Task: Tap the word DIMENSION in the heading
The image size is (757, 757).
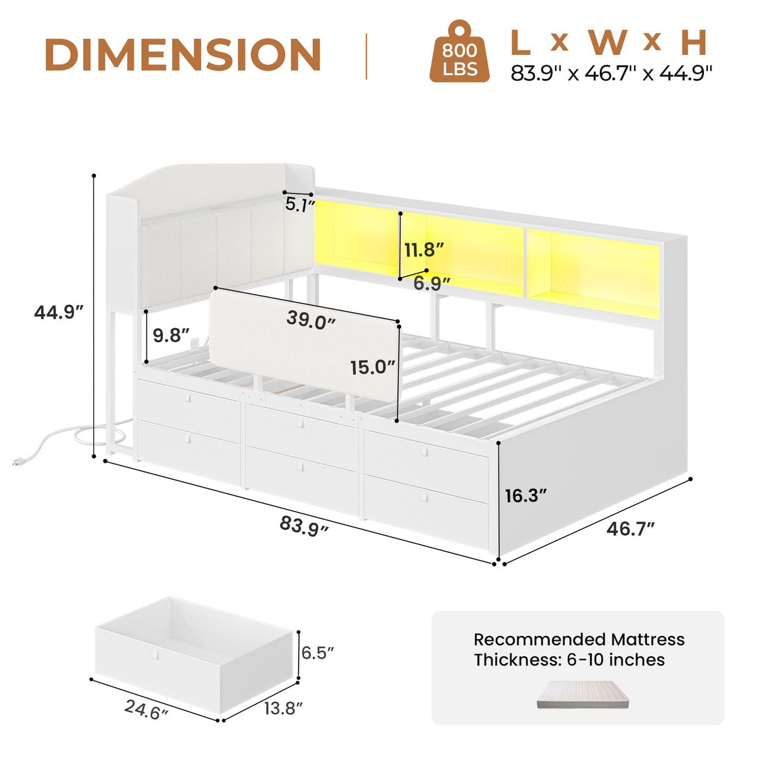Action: tap(183, 55)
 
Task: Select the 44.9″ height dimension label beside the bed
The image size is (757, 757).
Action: tap(59, 312)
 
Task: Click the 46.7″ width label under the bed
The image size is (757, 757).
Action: tap(630, 529)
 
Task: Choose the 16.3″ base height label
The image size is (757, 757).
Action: tap(526, 496)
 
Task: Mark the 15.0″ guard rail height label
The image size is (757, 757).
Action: tap(373, 367)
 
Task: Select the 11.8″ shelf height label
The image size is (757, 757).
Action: tap(425, 250)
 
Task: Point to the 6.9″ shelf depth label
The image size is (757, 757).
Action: tap(431, 284)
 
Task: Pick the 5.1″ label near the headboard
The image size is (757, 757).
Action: tap(300, 204)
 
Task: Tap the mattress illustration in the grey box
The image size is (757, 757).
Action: tap(583, 694)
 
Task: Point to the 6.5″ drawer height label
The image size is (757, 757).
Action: tap(317, 652)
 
